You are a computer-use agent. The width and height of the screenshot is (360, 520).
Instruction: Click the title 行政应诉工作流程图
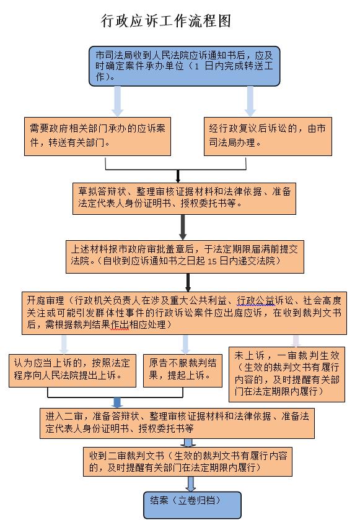(x=165, y=20)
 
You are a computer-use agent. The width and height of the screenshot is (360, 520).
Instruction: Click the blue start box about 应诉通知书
(x=184, y=66)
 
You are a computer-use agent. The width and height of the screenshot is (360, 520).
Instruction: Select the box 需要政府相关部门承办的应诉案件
(x=97, y=136)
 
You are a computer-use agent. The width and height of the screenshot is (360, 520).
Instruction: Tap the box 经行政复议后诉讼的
(x=268, y=136)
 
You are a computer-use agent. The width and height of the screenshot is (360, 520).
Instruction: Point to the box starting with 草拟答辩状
(x=184, y=198)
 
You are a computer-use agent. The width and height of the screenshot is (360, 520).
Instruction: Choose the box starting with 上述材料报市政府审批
(x=185, y=257)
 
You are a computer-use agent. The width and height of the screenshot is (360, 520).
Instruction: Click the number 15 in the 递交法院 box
(x=212, y=262)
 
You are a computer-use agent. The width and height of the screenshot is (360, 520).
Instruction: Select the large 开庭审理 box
(x=184, y=313)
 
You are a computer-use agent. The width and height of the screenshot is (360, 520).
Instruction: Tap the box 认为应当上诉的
(x=72, y=370)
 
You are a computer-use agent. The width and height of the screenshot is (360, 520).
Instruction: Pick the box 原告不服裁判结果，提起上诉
(x=183, y=370)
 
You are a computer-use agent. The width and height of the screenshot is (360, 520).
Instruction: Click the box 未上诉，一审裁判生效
(x=287, y=375)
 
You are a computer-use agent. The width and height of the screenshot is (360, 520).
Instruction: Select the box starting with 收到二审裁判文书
(x=188, y=462)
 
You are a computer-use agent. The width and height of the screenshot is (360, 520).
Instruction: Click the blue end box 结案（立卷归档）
(x=192, y=505)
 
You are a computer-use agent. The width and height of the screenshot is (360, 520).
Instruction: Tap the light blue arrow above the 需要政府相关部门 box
(x=117, y=102)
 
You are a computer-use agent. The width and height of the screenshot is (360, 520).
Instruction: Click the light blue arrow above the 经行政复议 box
(x=250, y=102)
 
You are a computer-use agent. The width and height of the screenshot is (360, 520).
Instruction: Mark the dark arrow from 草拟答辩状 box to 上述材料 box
(x=183, y=227)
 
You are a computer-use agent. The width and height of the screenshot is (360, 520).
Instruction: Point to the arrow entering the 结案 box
(x=190, y=484)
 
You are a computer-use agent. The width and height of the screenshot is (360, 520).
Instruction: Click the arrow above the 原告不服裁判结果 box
(x=186, y=344)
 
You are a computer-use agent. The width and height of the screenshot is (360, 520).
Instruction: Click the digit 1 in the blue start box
(x=197, y=67)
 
